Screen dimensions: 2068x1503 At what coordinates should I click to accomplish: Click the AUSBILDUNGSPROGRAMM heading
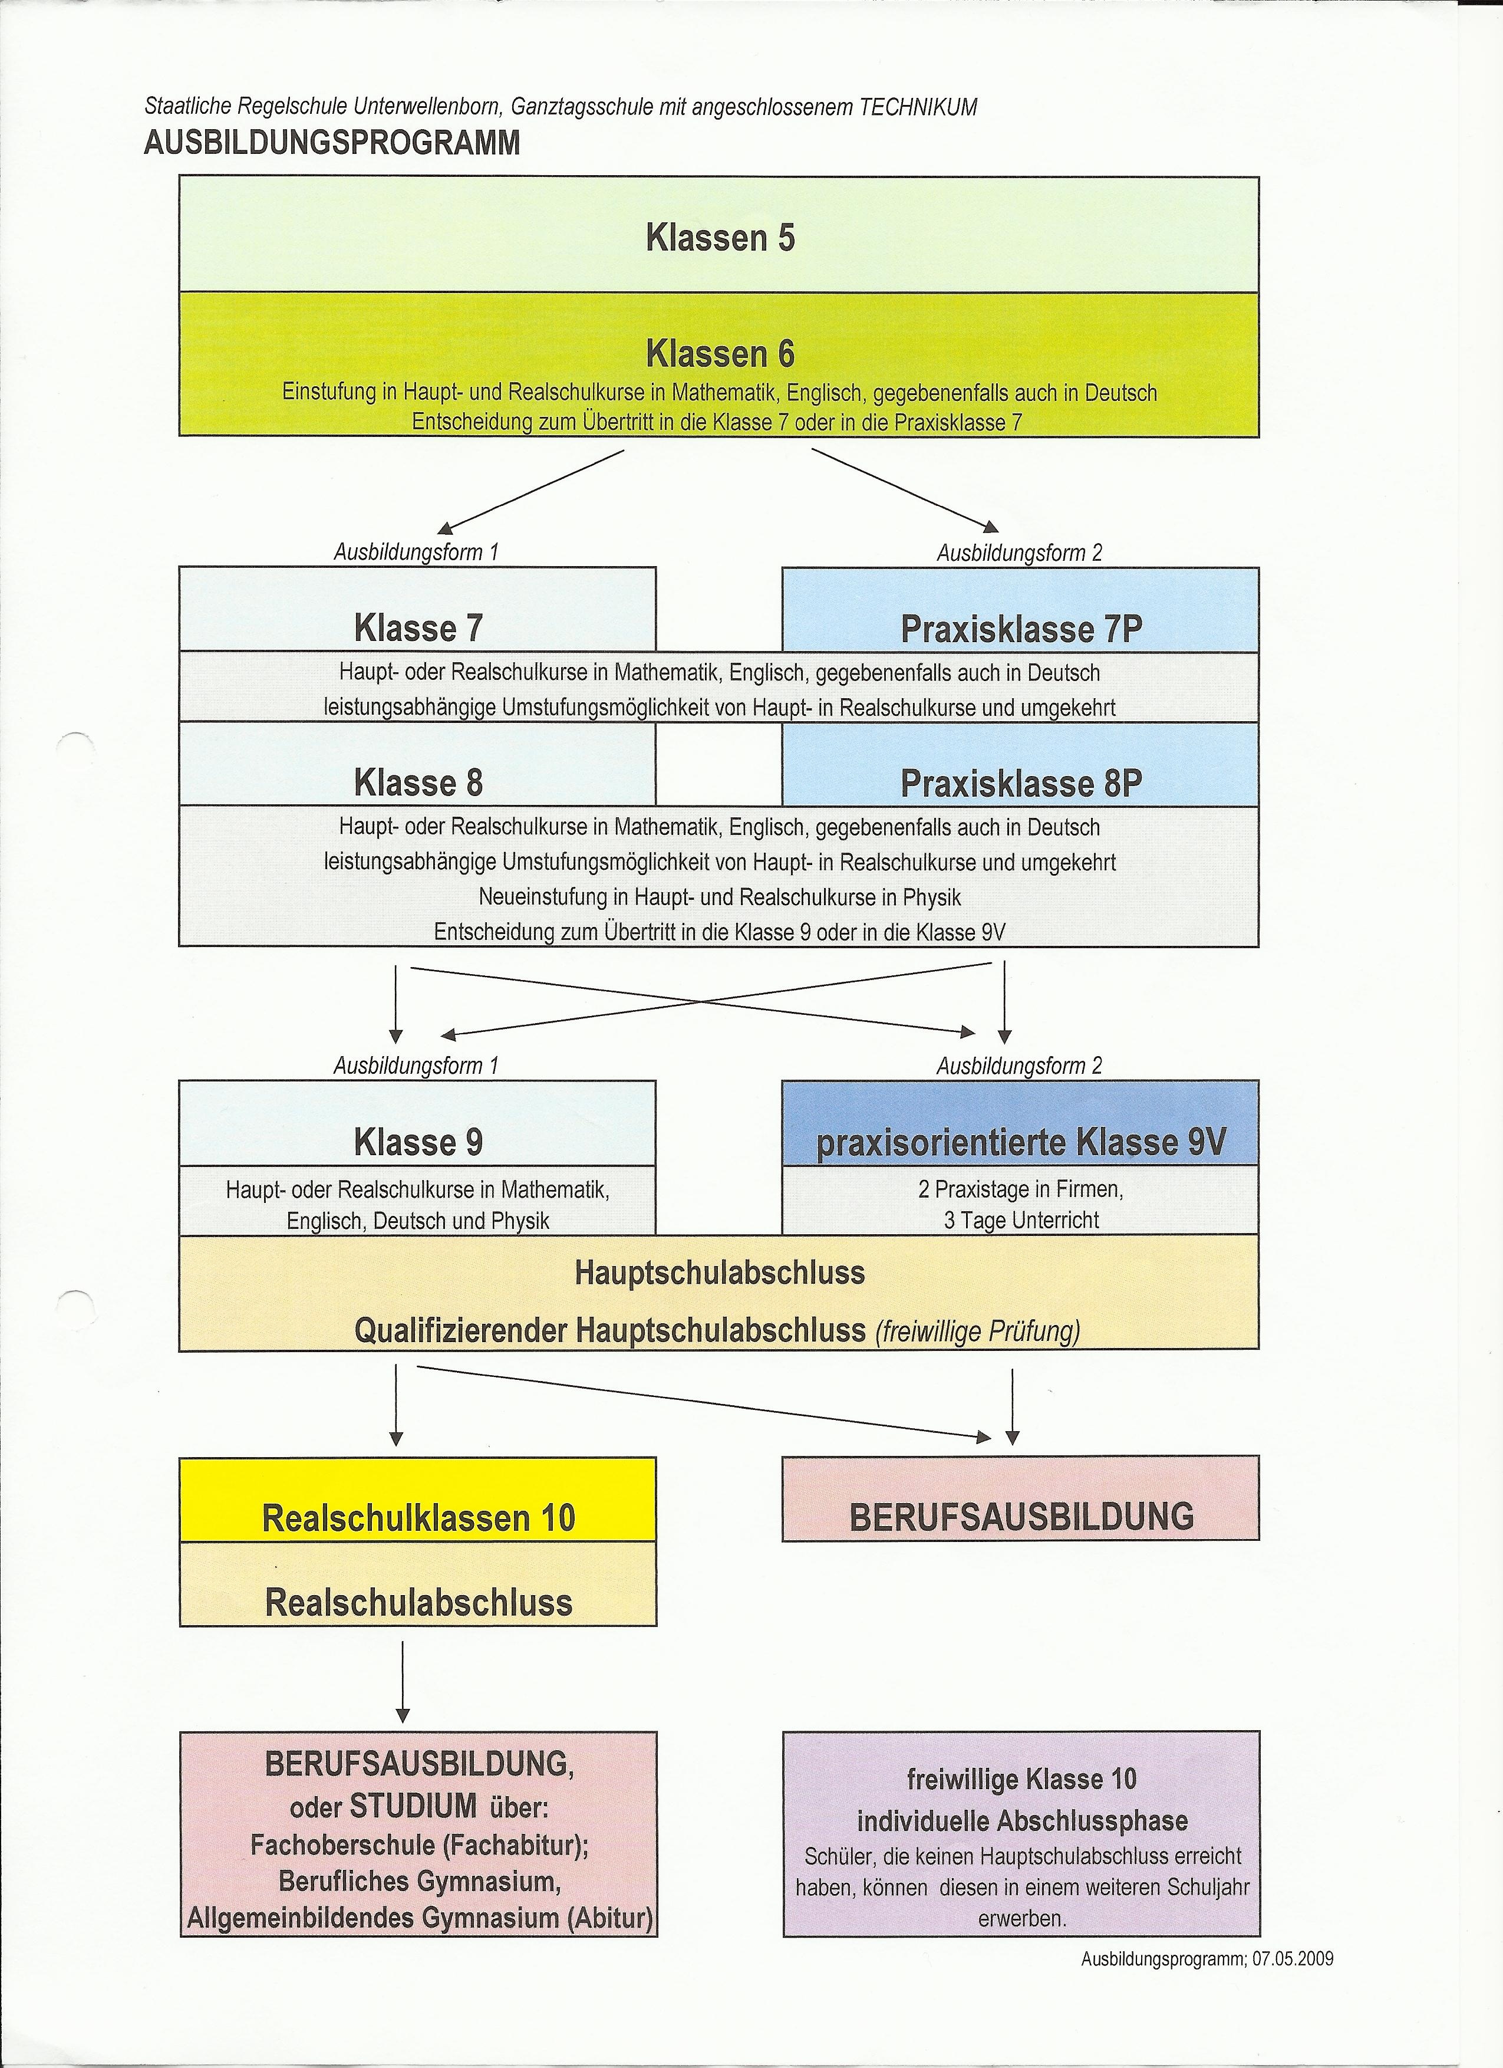point(332,143)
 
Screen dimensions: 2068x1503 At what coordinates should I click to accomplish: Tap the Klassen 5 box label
point(720,238)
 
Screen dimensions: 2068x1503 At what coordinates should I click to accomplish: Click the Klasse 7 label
point(418,628)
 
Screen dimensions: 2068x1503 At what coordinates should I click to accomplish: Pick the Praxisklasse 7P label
point(1021,629)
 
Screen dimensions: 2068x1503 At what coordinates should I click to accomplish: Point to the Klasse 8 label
point(418,783)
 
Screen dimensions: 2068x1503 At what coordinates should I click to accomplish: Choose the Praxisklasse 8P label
point(1021,784)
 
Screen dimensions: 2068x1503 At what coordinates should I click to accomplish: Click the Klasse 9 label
point(418,1143)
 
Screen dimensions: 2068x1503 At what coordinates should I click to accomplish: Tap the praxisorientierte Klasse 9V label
point(1021,1143)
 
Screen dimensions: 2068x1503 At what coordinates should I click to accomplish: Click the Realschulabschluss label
point(418,1603)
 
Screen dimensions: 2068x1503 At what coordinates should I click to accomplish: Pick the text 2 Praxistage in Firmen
point(1021,1189)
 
